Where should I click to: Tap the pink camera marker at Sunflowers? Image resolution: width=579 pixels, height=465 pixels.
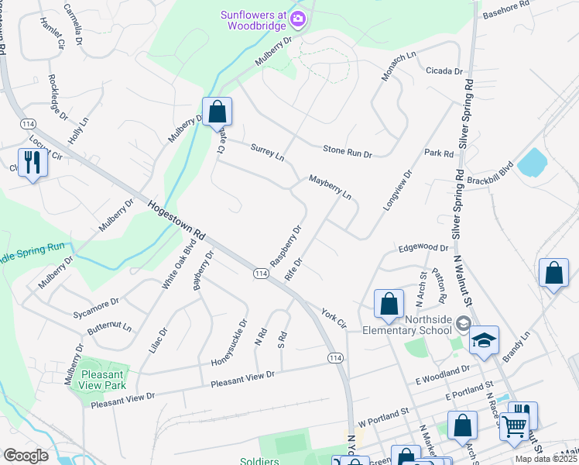tap(297, 19)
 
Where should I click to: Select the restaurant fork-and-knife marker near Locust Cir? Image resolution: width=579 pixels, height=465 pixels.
tap(33, 163)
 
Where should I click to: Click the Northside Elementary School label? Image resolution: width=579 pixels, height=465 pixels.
tap(407, 324)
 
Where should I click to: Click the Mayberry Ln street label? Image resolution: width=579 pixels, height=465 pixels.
tap(330, 187)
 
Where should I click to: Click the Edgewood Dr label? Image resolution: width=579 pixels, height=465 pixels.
tap(423, 248)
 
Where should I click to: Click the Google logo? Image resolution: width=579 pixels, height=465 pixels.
tap(26, 455)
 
